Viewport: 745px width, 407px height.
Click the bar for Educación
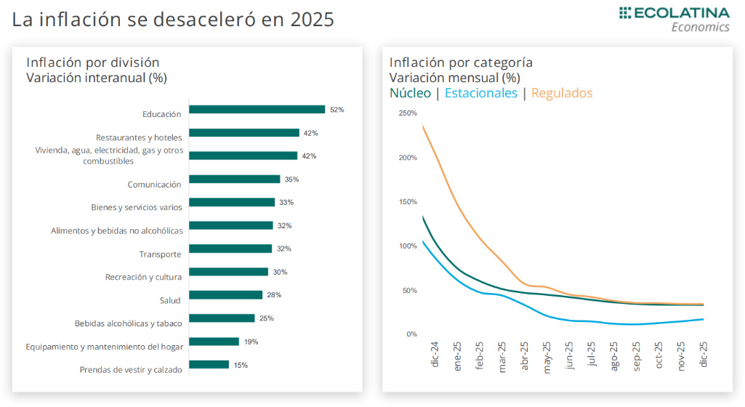point(257,110)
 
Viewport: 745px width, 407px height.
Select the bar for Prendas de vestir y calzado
point(209,365)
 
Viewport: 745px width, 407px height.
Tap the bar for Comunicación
point(234,180)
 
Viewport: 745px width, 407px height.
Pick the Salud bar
point(225,295)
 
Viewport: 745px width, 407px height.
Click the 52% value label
point(337,110)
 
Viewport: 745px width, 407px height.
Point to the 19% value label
point(251,342)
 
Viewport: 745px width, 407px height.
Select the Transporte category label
point(160,254)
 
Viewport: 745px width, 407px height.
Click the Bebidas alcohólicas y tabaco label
point(128,323)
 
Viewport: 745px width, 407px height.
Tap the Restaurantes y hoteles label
point(139,137)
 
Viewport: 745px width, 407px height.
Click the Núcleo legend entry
point(410,93)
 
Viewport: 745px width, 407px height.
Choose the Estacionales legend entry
point(480,93)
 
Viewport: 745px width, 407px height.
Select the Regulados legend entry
point(562,93)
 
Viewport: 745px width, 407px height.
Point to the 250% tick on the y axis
point(407,113)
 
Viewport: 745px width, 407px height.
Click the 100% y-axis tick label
point(407,246)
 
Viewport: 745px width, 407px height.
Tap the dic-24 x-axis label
point(435,355)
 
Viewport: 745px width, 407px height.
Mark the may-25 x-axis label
point(547,356)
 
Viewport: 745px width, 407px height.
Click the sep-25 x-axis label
point(637,356)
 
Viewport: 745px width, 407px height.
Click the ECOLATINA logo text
point(682,13)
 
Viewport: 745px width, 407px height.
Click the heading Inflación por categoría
point(461,63)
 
